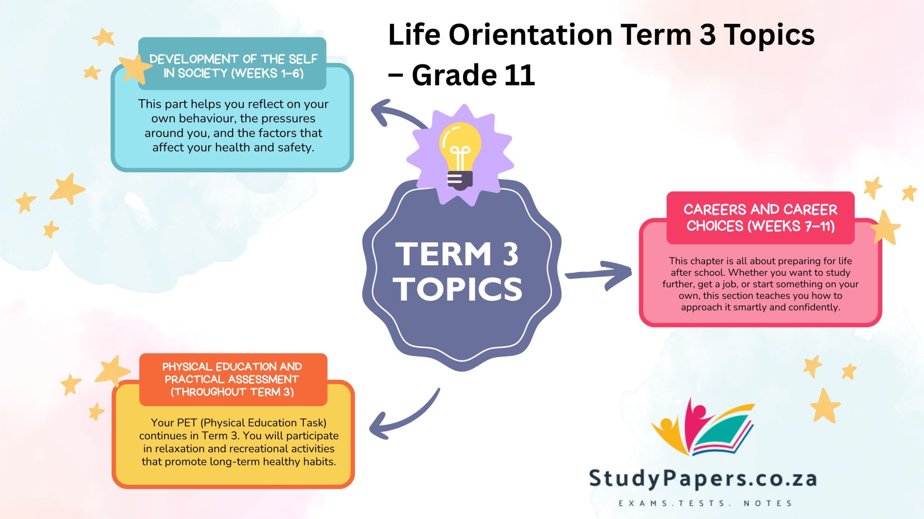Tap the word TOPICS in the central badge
458,289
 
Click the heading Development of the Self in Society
233,66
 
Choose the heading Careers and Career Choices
760,218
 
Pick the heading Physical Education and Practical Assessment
232,379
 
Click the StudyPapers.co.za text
702,479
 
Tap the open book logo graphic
704,427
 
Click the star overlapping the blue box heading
134,68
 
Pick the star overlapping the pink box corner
885,228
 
